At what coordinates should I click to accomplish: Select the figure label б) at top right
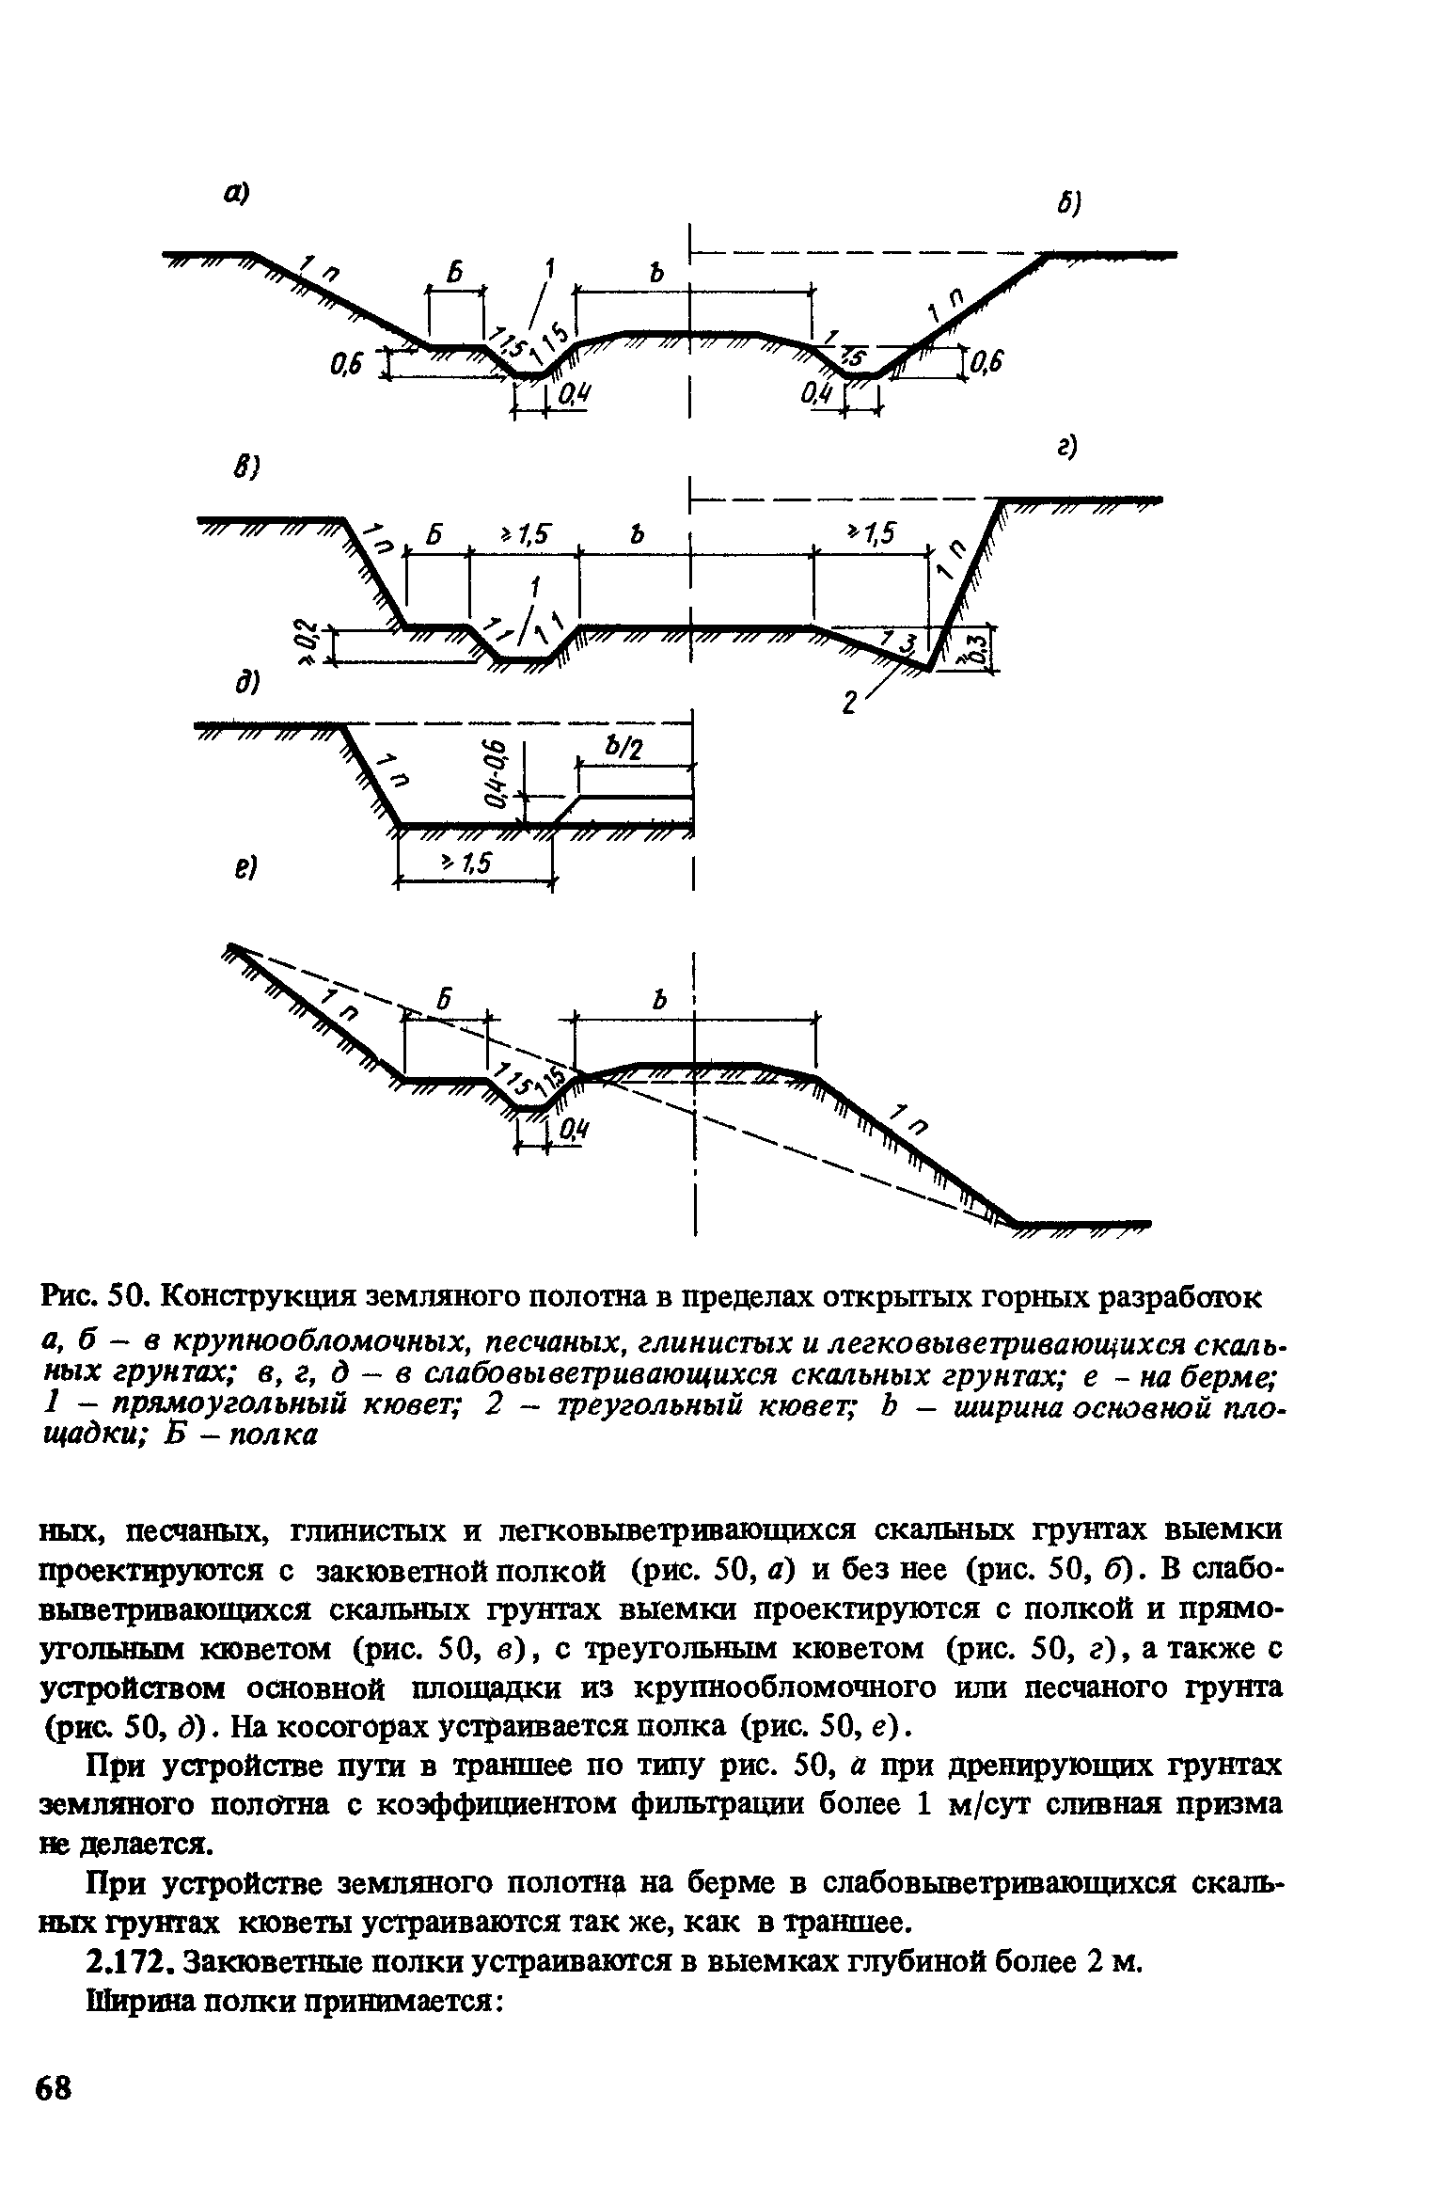(x=1070, y=203)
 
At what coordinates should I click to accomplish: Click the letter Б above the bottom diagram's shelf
(x=446, y=999)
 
